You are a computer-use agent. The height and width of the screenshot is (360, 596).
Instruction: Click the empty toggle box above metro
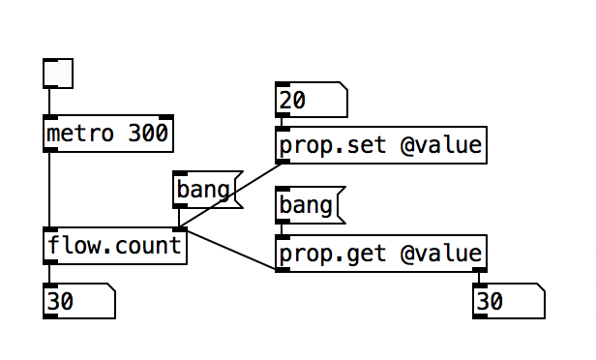(x=58, y=73)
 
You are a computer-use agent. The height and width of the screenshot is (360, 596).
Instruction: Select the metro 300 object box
(x=108, y=134)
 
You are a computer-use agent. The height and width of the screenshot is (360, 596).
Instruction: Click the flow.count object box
(x=114, y=246)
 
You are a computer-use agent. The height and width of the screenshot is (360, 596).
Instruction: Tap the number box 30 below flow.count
(x=78, y=302)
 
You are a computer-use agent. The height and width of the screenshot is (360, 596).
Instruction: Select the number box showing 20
(x=311, y=101)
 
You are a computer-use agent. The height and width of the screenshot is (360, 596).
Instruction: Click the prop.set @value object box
(x=380, y=146)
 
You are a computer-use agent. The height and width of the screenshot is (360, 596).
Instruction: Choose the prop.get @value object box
(x=380, y=254)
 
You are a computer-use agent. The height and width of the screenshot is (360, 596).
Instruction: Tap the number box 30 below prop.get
(x=509, y=302)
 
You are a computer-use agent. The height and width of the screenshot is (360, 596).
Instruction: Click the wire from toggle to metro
(x=49, y=102)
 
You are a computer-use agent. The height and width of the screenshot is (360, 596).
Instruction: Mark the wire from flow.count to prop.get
(x=228, y=249)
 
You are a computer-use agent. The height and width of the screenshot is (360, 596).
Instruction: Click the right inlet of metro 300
(x=166, y=118)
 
